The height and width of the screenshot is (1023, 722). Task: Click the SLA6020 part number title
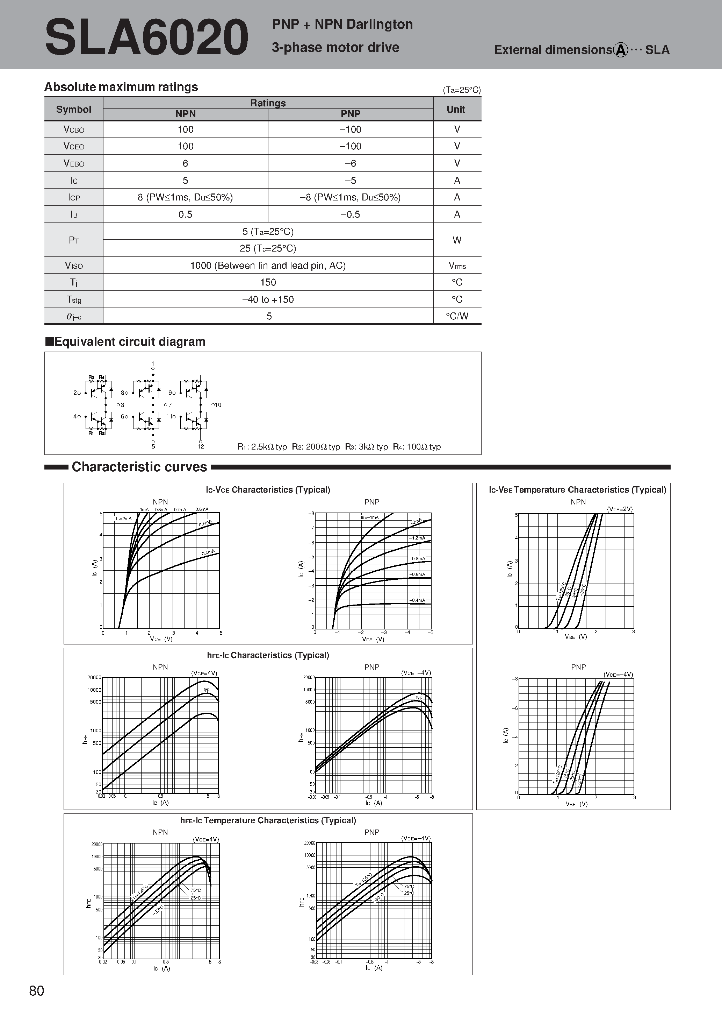[x=146, y=37]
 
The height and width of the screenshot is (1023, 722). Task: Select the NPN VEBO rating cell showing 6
[x=185, y=163]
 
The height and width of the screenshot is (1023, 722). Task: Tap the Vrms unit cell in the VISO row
[x=457, y=266]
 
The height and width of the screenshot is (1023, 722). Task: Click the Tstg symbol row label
[x=74, y=300]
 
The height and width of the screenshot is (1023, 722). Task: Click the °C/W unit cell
[x=457, y=316]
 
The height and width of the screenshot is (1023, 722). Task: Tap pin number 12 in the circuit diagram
[x=201, y=446]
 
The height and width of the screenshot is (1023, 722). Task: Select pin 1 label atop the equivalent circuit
[x=153, y=364]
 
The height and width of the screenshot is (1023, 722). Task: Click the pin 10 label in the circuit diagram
[x=218, y=405]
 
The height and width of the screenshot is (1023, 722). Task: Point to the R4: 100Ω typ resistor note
[x=417, y=447]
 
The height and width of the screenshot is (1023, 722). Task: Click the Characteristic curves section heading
[x=139, y=467]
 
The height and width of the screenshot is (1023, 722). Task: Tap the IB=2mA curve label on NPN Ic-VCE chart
[x=124, y=518]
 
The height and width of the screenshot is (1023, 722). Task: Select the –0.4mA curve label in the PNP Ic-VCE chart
[x=418, y=600]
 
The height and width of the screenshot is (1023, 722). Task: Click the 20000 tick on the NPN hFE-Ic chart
[x=94, y=678]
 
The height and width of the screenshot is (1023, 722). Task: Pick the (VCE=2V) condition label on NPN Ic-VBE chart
[x=620, y=509]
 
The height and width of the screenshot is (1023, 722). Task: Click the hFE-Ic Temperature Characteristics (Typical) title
[x=268, y=820]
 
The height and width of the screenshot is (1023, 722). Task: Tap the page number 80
[x=36, y=990]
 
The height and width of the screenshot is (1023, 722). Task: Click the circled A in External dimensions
[x=621, y=50]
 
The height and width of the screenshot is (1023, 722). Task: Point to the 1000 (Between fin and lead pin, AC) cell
[x=268, y=266]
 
